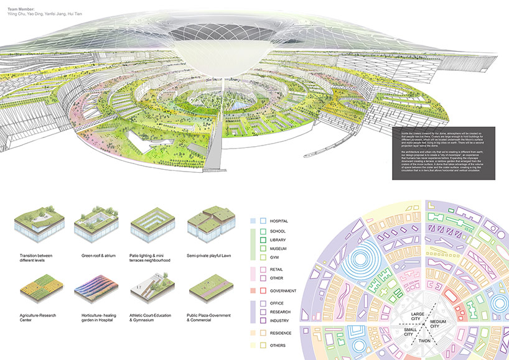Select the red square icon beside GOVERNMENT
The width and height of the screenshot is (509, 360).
pos(263,290)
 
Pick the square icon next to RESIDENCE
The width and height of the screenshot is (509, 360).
pos(263,333)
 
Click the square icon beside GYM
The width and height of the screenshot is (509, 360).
pos(263,257)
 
